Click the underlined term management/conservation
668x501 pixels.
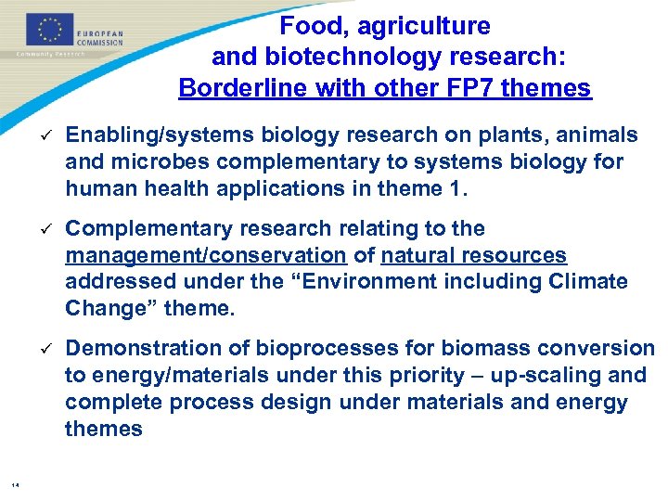205,255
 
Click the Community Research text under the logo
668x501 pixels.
51,53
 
